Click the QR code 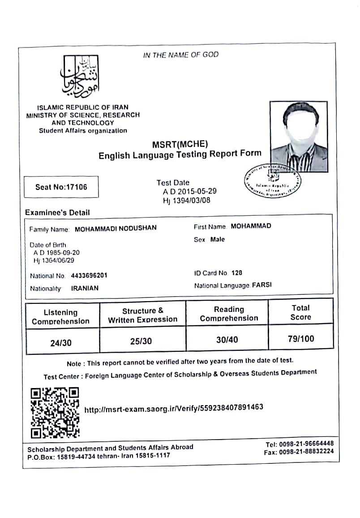[x=55, y=413]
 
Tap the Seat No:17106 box [x=61, y=187]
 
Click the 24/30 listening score [x=61, y=343]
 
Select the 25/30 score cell [x=141, y=341]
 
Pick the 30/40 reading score [x=227, y=340]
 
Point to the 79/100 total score [x=301, y=339]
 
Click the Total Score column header [x=300, y=312]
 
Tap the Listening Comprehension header [x=61, y=317]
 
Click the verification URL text [x=174, y=408]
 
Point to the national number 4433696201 [x=89, y=276]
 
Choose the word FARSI [x=262, y=285]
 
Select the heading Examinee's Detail [x=57, y=213]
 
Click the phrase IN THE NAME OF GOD [x=181, y=55]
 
